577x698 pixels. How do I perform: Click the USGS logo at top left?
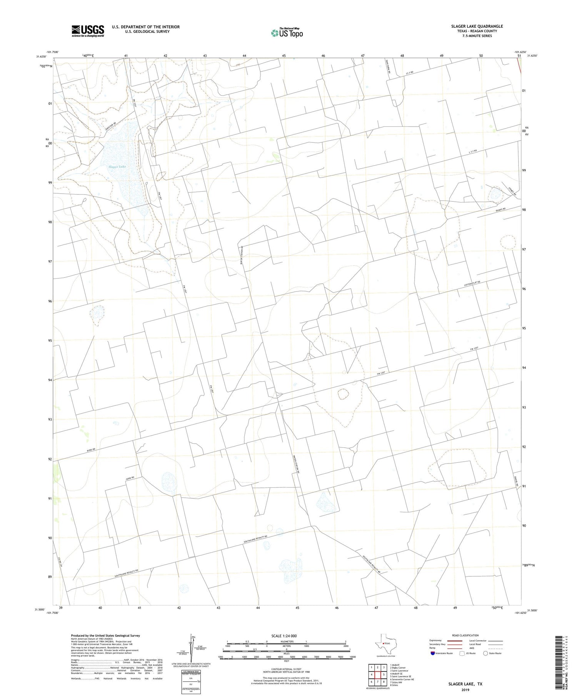pos(88,31)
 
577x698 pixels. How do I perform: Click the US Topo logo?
pos(287,33)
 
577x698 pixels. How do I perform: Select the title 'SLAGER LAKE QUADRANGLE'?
pos(477,26)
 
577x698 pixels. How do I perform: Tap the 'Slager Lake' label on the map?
pos(117,167)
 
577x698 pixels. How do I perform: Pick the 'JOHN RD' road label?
pos(130,479)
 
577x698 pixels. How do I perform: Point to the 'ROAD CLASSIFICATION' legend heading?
pos(465,635)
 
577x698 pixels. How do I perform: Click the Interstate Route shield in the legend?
pos(433,653)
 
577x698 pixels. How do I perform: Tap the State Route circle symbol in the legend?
pos(485,653)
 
